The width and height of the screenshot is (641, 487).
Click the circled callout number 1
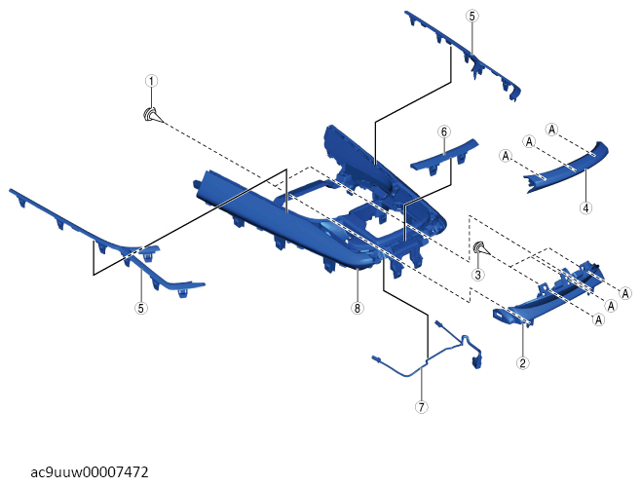click(151, 81)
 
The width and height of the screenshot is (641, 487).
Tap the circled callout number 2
click(523, 362)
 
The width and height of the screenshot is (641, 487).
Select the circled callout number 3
click(478, 275)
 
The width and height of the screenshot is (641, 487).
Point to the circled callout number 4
click(585, 207)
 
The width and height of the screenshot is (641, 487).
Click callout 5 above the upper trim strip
click(472, 17)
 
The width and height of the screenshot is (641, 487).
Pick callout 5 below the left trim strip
click(140, 308)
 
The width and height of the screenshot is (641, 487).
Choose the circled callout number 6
click(444, 131)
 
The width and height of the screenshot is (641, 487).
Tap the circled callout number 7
click(421, 407)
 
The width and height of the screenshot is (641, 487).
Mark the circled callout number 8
click(358, 308)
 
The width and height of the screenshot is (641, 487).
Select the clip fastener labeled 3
click(480, 248)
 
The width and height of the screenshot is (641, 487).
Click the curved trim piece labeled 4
click(566, 168)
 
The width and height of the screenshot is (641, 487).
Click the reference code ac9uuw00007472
click(90, 472)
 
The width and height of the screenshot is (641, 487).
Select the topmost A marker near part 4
click(552, 130)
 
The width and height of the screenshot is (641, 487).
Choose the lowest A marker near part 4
click(507, 156)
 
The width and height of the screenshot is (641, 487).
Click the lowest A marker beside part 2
click(599, 319)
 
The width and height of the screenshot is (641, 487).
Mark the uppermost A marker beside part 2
click(625, 293)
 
